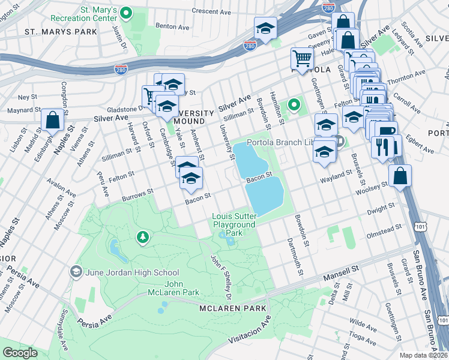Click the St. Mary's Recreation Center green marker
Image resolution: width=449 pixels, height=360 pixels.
126,12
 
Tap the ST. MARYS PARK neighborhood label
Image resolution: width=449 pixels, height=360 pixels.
53,31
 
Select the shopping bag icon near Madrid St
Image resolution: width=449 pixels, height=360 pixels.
53,120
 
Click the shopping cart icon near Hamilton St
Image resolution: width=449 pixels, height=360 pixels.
302,58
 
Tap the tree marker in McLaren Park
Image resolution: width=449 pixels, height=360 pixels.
143,238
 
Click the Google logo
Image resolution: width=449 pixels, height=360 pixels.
20,353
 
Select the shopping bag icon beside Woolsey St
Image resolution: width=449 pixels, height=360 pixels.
400,176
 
